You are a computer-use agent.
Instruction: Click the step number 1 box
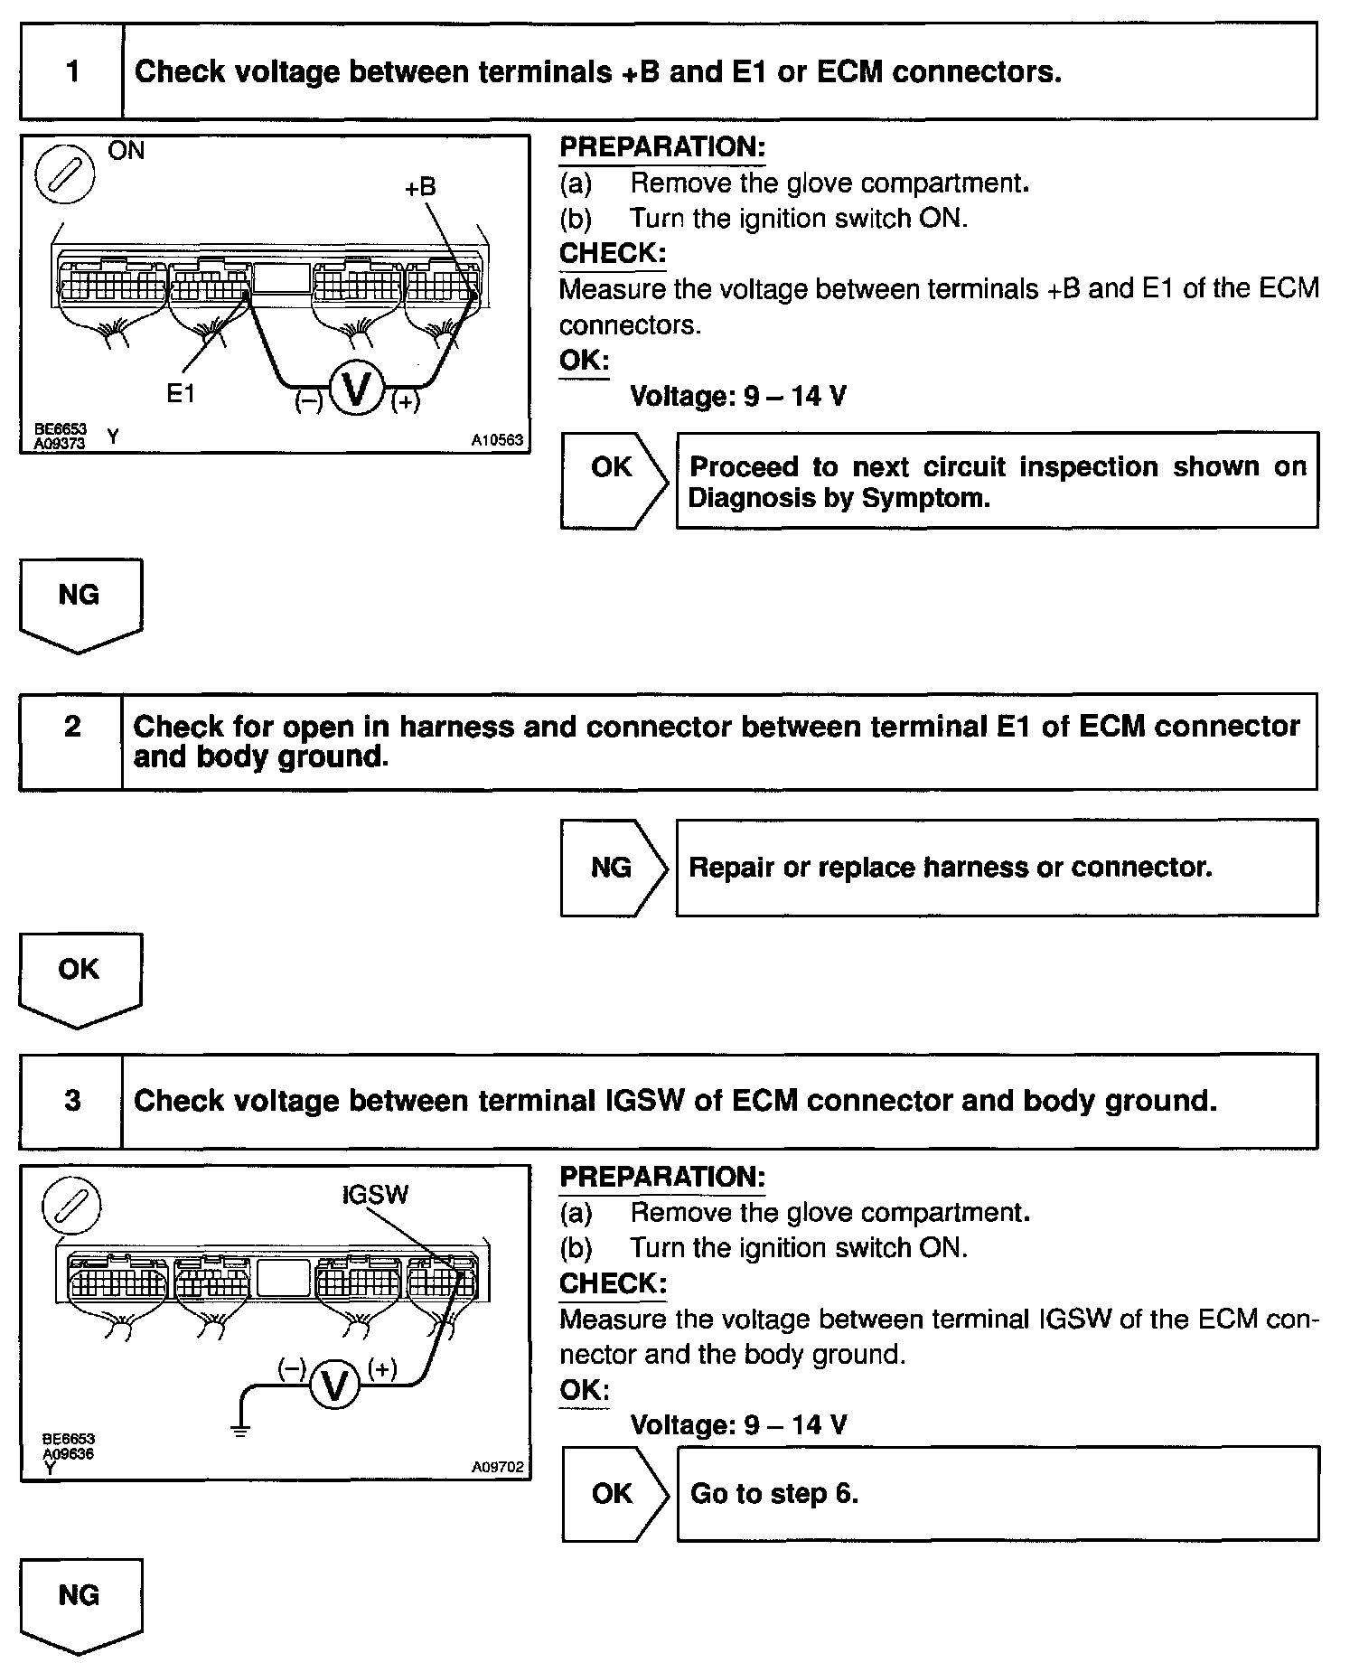pos(71,71)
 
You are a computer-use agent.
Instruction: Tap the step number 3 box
pos(71,1101)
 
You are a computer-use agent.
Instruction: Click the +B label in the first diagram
pos(419,187)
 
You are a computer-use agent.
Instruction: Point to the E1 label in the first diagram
pos(181,393)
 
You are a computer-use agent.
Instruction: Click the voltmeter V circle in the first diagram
pos(357,390)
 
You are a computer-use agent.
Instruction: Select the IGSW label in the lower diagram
pos(375,1195)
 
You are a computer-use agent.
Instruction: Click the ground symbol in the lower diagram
pos(239,1429)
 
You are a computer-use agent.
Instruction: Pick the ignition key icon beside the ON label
pos(65,174)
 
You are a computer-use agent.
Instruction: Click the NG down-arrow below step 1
pos(80,603)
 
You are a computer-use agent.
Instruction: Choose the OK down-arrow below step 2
pos(80,978)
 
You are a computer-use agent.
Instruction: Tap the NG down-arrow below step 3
pos(80,1605)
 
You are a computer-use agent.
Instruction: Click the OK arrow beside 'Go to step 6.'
pos(614,1494)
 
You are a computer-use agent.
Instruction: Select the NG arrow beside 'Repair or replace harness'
pos(613,868)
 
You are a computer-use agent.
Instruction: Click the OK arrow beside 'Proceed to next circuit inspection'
pos(613,480)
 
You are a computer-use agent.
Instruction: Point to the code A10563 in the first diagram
pos(496,440)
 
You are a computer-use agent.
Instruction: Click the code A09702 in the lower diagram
pos(497,1468)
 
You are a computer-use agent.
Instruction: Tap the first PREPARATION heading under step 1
pos(662,146)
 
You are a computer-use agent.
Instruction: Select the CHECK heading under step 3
pos(613,1283)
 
